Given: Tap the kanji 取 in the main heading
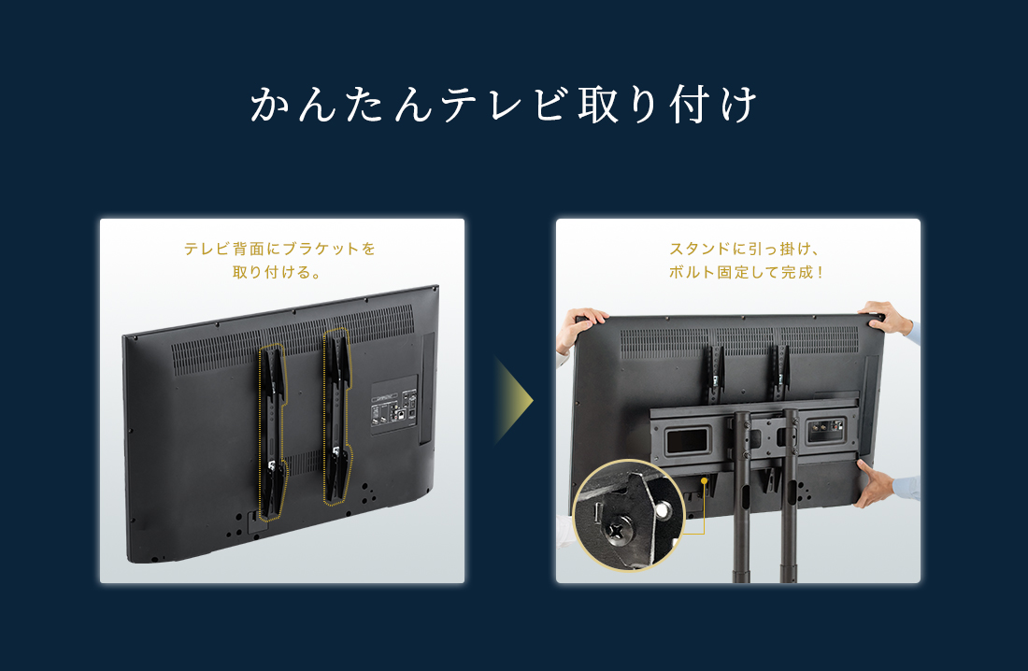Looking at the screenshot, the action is coord(598,105).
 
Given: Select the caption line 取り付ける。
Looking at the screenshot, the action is coord(277,272).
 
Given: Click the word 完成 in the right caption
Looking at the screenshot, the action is coord(796,272).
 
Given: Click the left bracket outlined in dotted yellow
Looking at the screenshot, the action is coord(272,433).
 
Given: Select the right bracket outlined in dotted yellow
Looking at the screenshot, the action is coord(337,417).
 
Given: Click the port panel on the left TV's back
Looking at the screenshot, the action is coord(394,405).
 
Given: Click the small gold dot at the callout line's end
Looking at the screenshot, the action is coord(704,480).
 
